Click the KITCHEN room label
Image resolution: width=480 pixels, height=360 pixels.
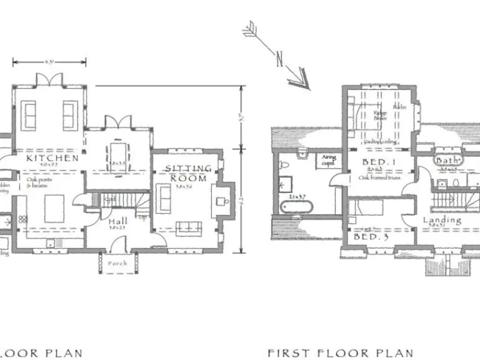pyautogui.click(x=52, y=159)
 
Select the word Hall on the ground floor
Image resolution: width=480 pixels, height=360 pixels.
pyautogui.click(x=117, y=221)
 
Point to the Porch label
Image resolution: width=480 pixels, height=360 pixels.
pyautogui.click(x=117, y=263)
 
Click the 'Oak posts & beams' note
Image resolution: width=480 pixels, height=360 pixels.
pyautogui.click(x=38, y=182)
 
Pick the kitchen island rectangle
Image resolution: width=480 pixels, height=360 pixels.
pyautogui.click(x=54, y=208)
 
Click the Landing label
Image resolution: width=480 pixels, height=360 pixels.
pyautogui.click(x=442, y=220)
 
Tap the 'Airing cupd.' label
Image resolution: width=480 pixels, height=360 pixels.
pyautogui.click(x=329, y=160)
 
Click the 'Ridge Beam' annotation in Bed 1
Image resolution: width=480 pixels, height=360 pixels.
pyautogui.click(x=380, y=115)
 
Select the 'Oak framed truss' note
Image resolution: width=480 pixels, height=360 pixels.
pyautogui.click(x=379, y=178)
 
